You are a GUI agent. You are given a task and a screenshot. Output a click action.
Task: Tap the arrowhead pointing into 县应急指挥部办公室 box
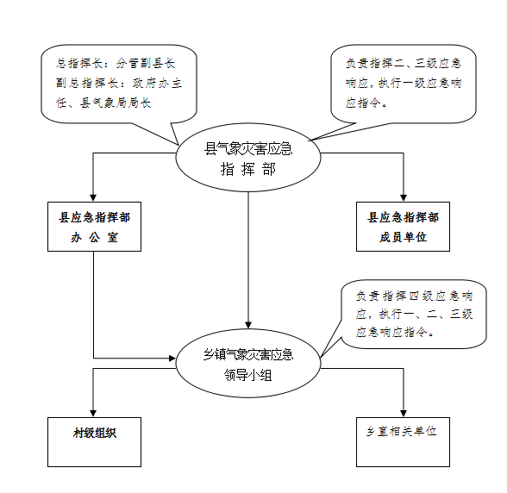pyautogui.click(x=93, y=198)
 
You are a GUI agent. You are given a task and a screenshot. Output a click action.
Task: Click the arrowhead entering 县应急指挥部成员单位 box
pyautogui.click(x=404, y=198)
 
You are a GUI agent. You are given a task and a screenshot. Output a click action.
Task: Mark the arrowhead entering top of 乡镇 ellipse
pyautogui.click(x=248, y=325)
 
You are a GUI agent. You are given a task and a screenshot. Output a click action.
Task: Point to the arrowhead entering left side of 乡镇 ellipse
pyautogui.click(x=172, y=359)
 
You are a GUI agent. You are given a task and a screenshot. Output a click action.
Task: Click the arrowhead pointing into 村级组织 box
pyautogui.click(x=93, y=413)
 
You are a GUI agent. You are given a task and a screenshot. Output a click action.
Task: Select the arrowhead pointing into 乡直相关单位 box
pyautogui.click(x=404, y=413)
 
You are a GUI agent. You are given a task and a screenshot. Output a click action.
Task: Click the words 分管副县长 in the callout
pyautogui.click(x=146, y=64)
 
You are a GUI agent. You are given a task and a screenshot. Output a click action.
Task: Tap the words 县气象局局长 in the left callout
pyautogui.click(x=116, y=103)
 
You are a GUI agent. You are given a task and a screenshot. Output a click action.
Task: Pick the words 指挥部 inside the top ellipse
pyautogui.click(x=248, y=170)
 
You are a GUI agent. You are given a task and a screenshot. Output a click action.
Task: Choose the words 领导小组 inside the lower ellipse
pyautogui.click(x=248, y=376)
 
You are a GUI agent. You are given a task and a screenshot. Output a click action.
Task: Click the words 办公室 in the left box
pyautogui.click(x=95, y=238)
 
